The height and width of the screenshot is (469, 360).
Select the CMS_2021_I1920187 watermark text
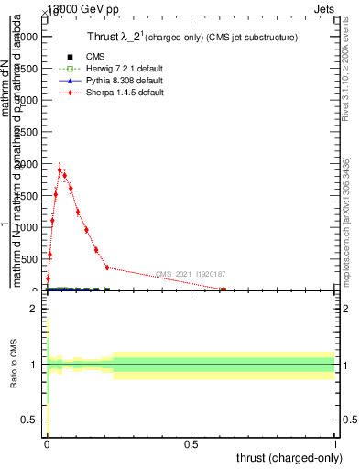191,274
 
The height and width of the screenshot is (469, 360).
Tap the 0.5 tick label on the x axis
191,443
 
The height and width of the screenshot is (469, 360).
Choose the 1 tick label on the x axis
335,443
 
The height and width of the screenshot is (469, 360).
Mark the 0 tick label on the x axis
47,443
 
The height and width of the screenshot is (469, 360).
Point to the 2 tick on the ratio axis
32,310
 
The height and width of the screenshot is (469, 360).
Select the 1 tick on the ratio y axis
32,365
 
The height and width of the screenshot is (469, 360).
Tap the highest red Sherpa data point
60,169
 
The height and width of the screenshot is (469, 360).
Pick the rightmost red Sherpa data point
223,289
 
